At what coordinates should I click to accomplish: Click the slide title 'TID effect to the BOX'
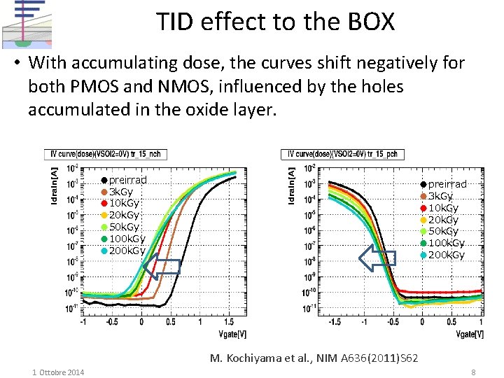pos(275,22)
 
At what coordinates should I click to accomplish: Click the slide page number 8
pos(474,372)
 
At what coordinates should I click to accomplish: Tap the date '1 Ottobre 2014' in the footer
pos(58,372)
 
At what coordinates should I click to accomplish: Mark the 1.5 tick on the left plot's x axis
pos(230,323)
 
